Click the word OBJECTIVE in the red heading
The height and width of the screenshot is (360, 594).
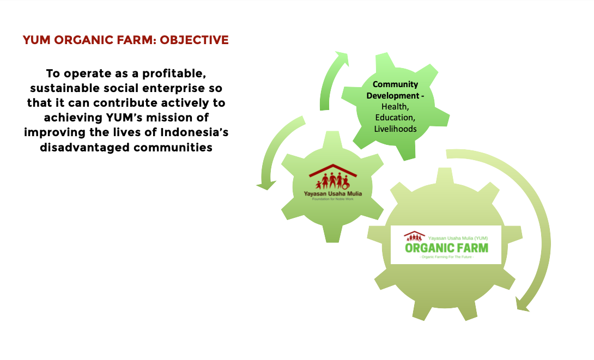tap(194, 40)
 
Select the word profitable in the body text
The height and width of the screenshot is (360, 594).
tap(174, 74)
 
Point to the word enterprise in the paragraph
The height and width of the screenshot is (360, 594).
tap(168, 89)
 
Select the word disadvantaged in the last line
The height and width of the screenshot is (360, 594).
tap(85, 148)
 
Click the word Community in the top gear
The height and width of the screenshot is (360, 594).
tap(395, 84)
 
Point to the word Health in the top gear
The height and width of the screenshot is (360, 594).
tap(395, 107)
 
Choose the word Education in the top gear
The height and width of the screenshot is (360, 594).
tap(395, 118)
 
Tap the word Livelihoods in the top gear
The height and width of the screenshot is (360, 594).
tap(395, 129)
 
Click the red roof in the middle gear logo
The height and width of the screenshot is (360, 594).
tap(332, 170)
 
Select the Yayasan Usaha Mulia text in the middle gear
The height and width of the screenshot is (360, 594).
tap(332, 194)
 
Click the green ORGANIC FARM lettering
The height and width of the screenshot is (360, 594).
tap(447, 248)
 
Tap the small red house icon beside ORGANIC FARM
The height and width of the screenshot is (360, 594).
tap(414, 236)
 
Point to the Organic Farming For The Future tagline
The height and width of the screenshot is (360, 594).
tap(447, 257)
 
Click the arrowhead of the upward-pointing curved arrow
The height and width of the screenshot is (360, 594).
tap(341, 58)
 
